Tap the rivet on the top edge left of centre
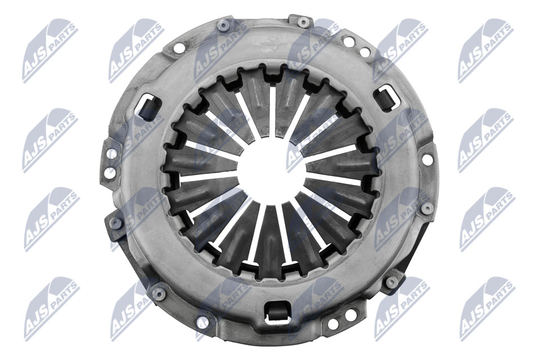click(223, 25)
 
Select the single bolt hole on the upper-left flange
click(179, 48)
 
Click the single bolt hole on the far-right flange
click(427, 160)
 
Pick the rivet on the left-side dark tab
click(116, 223)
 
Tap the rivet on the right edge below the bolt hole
click(427, 209)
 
